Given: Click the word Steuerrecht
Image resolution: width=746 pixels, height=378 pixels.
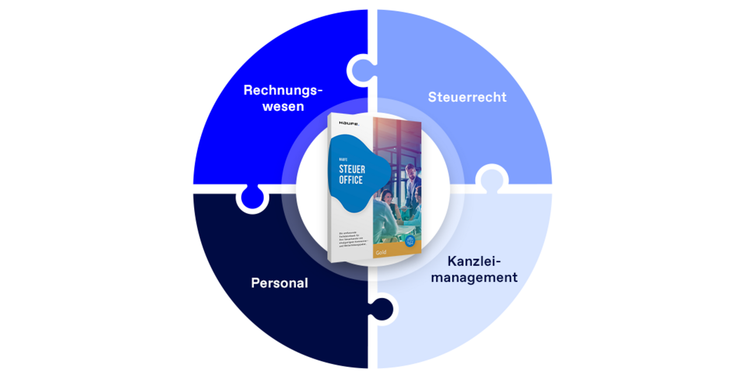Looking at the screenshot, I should [x=467, y=97].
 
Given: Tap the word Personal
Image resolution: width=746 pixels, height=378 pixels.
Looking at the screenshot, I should [x=279, y=283].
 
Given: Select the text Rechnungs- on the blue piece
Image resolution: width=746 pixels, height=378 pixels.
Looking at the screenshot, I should [x=283, y=90].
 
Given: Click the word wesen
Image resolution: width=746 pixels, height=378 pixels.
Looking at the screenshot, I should [x=283, y=107].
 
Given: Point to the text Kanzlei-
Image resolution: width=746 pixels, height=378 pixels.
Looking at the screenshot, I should [x=474, y=260].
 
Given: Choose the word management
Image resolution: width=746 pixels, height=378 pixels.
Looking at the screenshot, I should [x=474, y=277].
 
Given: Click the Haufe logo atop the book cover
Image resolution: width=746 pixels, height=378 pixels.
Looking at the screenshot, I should [x=350, y=124].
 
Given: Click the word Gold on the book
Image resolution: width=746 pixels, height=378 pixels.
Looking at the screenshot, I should [x=382, y=252].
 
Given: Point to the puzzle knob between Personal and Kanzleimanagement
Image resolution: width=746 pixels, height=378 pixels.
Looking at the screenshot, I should [x=382, y=308].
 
